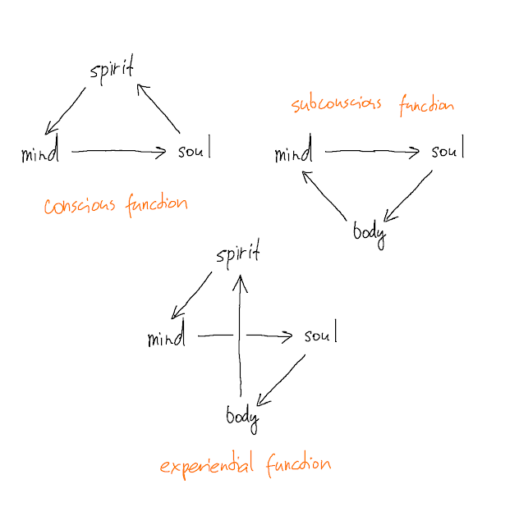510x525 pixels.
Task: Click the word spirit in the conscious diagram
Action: click(111, 71)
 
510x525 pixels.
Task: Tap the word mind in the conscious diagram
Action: click(40, 153)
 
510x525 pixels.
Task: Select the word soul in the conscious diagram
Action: click(194, 150)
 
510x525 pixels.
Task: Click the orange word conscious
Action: click(80, 205)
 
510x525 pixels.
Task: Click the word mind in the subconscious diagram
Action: click(293, 153)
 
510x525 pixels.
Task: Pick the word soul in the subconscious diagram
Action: click(448, 151)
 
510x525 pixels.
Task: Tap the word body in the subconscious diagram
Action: click(369, 232)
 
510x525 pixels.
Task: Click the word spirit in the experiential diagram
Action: click(238, 254)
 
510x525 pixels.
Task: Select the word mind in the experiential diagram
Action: click(167, 337)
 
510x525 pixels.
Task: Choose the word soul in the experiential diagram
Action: click(320, 336)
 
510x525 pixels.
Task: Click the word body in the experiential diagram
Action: click(242, 417)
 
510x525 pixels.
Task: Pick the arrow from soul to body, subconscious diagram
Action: click(409, 197)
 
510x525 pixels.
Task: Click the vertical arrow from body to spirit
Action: click(240, 336)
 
